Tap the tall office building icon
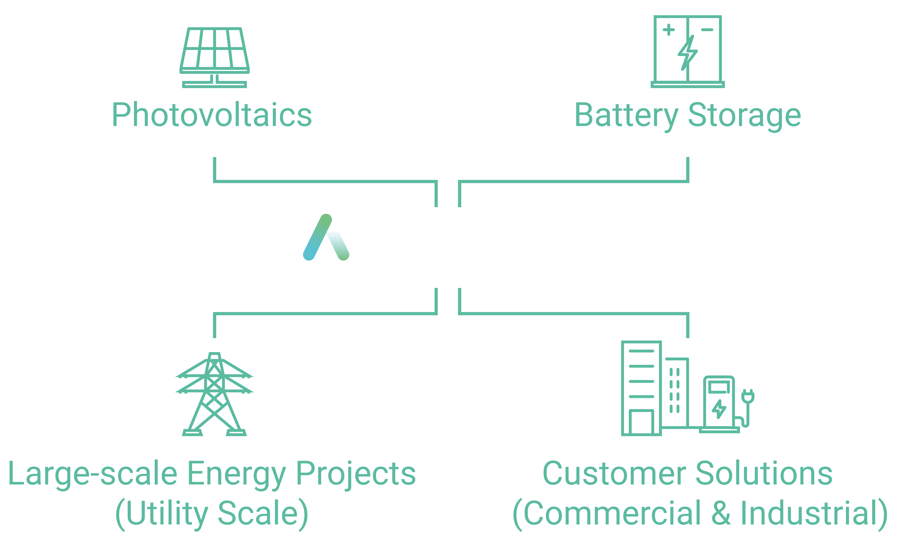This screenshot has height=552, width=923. click(641, 388)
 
